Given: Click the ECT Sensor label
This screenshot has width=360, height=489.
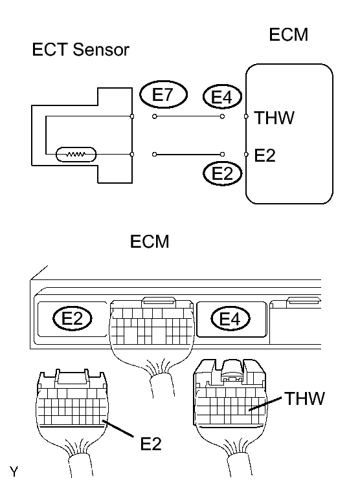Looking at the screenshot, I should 80,50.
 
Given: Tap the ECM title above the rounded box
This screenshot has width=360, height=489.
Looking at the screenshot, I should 288,34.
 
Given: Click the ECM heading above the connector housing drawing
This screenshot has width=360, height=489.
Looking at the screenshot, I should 150,242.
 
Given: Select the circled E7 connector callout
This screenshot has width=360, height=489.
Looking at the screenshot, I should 163,95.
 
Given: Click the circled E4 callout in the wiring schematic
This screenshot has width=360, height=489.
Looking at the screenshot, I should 222,98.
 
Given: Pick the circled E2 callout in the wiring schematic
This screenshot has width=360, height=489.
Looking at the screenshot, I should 222,173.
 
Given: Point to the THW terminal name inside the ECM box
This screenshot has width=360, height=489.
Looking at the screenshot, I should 275,118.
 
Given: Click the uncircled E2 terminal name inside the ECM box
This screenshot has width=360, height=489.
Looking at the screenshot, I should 265,155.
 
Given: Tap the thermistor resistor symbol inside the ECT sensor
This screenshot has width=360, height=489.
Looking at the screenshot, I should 76,155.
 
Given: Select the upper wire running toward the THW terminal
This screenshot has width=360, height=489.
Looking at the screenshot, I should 188,117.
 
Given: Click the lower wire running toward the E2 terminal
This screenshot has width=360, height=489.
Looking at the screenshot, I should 188,155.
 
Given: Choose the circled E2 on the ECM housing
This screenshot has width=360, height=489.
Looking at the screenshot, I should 73,318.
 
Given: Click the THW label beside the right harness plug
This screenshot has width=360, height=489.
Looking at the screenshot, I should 304,398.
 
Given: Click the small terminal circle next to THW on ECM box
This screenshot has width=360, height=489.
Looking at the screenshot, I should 246,117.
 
